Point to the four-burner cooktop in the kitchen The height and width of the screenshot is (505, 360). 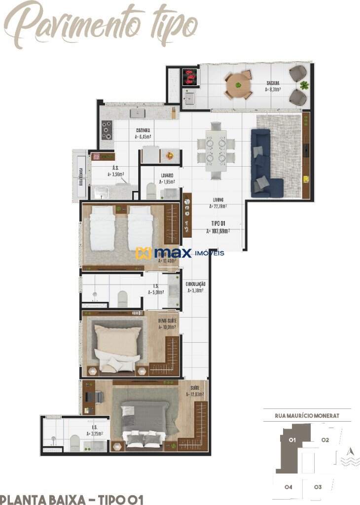[x=107, y=130]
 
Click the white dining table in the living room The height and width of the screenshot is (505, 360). [x=216, y=150]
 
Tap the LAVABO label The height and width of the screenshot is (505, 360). [x=166, y=178]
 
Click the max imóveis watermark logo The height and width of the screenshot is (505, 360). [x=180, y=253]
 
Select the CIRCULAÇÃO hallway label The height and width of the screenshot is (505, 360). [x=195, y=288]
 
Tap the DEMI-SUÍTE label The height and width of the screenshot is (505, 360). [x=168, y=323]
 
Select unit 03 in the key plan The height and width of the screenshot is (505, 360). [x=318, y=487]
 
